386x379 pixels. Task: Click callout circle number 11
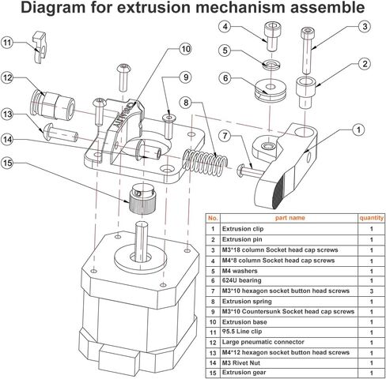click(7, 43)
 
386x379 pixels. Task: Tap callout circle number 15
click(7, 163)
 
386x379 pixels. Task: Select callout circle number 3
click(365, 26)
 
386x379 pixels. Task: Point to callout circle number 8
click(186, 102)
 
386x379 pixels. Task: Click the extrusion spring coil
click(205, 162)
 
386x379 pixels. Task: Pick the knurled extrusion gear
click(142, 200)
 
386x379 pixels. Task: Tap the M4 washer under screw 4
click(271, 64)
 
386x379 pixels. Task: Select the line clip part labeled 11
click(40, 47)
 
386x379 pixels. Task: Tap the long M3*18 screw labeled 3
click(307, 51)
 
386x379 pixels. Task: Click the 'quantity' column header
click(371, 218)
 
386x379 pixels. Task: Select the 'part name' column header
click(289, 218)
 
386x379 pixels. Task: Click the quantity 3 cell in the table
click(371, 291)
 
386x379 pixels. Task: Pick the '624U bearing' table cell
click(241, 280)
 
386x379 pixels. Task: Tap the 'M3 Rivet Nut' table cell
click(241, 363)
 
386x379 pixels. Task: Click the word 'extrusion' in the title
click(153, 7)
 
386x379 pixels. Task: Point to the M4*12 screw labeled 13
click(60, 133)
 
